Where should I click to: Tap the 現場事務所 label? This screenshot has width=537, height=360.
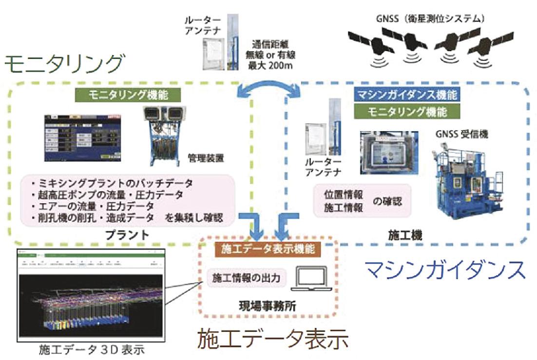267,307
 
